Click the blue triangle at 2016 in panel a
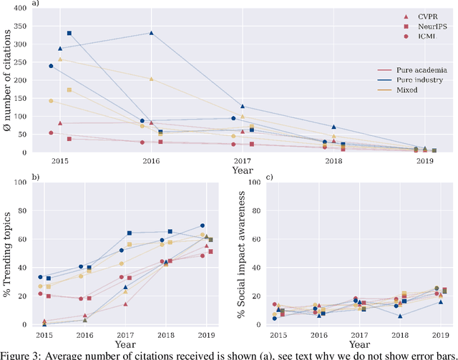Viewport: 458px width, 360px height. pyautogui.click(x=151, y=33)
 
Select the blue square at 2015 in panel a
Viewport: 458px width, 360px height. pyautogui.click(x=69, y=33)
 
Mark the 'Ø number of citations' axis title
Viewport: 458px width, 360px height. pyautogui.click(x=9, y=79)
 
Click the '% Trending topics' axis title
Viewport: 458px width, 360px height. pyautogui.click(x=9, y=253)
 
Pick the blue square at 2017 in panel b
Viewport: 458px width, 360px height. pyautogui.click(x=130, y=233)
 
